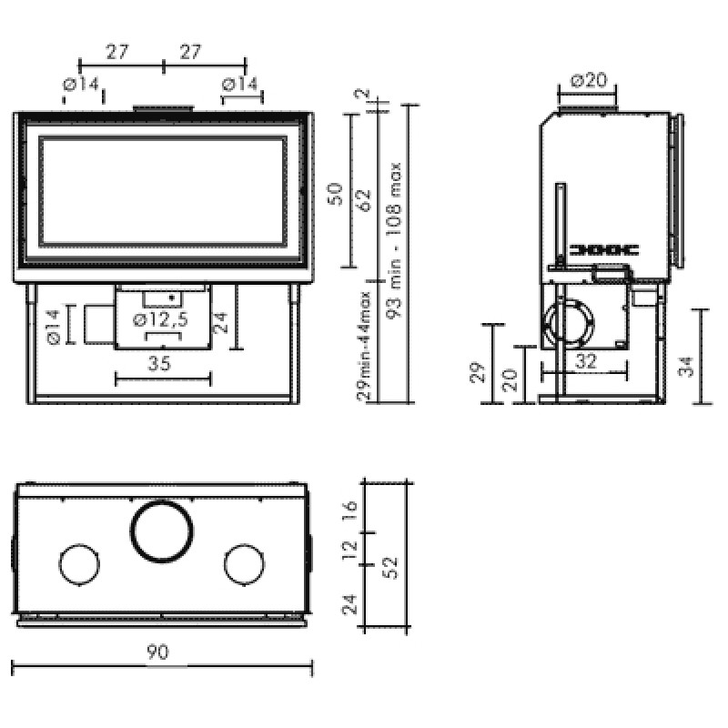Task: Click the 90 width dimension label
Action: [157, 652]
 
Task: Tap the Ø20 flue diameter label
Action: [589, 80]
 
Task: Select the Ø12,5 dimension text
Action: [160, 319]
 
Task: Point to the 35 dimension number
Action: [159, 363]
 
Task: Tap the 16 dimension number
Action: [349, 511]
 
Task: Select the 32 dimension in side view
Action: [585, 360]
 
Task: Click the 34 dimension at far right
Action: [686, 367]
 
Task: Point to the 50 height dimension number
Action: [335, 194]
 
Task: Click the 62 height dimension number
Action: [364, 200]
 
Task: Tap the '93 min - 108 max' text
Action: [394, 240]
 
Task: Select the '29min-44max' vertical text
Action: [365, 346]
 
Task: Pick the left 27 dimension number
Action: [116, 52]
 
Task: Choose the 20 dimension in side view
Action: [510, 380]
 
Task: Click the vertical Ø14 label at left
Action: [53, 328]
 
